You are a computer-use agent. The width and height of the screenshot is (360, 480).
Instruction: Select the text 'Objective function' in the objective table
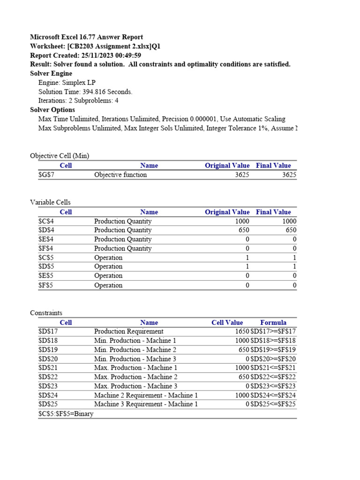(x=120, y=175)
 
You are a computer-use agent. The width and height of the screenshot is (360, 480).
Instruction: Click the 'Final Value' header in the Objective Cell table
(x=273, y=165)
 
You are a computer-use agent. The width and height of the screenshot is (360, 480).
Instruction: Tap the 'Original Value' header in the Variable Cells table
(x=227, y=212)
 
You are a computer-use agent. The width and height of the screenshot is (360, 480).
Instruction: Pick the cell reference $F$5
(x=45, y=285)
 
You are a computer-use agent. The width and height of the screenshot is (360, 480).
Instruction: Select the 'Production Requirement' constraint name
(x=128, y=331)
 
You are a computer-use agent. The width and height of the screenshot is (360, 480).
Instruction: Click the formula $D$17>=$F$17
(x=273, y=331)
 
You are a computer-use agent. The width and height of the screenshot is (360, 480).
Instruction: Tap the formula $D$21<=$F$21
(x=273, y=368)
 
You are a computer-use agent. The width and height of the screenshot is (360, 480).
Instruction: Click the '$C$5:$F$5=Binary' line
(x=66, y=414)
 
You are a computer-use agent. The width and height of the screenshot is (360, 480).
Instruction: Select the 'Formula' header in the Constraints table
(x=273, y=322)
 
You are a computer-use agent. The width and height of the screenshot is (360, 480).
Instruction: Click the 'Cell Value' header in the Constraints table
(x=227, y=322)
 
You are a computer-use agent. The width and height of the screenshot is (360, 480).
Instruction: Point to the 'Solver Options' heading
(x=52, y=110)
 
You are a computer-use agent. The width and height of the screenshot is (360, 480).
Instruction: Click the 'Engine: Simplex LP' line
(x=67, y=82)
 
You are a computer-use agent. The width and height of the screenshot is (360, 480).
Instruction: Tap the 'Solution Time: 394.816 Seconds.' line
(x=85, y=92)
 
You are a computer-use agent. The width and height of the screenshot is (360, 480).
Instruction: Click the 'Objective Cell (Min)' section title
(x=60, y=156)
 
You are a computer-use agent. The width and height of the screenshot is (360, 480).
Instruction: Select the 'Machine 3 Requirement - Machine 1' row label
(x=146, y=404)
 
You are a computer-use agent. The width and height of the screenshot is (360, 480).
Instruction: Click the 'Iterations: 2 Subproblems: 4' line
(x=78, y=101)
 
